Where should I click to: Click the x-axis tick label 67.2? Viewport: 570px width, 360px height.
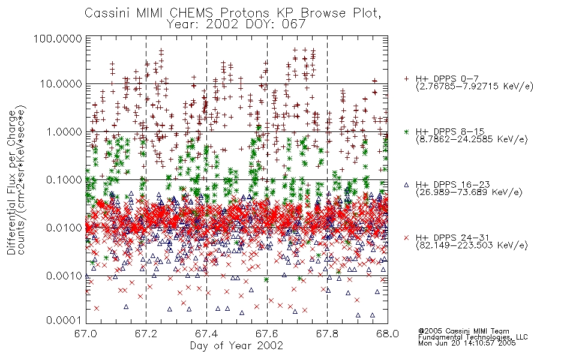(146, 334)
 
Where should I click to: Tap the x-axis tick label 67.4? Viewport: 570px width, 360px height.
(206, 334)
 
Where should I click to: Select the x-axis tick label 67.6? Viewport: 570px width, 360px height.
(267, 334)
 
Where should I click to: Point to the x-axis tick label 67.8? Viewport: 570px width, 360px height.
(327, 334)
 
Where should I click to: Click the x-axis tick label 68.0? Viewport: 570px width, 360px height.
(388, 334)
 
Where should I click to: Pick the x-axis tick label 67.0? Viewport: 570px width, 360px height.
(86, 334)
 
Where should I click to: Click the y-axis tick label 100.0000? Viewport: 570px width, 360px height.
(58, 38)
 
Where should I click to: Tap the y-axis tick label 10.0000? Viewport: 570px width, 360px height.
(61, 84)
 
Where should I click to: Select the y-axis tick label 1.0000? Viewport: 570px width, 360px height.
(64, 131)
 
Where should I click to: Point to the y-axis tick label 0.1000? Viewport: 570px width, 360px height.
(64, 179)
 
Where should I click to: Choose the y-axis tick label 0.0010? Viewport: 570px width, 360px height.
(64, 275)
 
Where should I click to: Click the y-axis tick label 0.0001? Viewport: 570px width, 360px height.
(64, 320)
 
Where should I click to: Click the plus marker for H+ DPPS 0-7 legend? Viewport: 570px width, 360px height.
(406, 79)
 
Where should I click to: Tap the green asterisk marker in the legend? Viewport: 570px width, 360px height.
(406, 131)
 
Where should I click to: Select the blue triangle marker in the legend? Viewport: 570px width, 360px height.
(406, 185)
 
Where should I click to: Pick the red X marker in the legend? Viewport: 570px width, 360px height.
(406, 238)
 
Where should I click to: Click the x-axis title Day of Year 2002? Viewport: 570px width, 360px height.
(236, 346)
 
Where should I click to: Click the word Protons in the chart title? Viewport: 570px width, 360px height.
(245, 13)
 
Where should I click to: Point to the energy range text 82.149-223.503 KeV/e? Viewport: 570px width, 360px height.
(472, 245)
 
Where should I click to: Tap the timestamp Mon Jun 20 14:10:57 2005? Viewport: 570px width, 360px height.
(467, 343)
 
